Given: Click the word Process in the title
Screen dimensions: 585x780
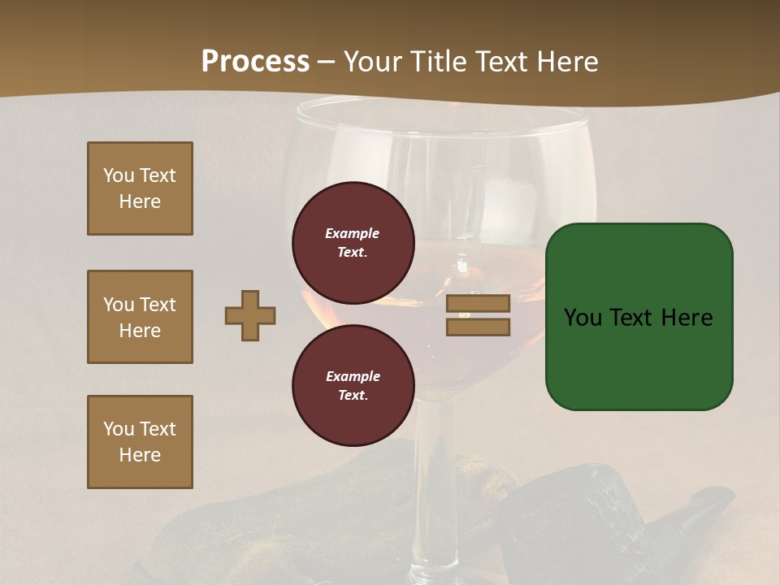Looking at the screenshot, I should tap(255, 62).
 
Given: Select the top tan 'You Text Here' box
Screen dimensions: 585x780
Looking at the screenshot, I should tap(140, 188).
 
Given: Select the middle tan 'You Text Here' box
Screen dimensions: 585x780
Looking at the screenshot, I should tap(140, 317).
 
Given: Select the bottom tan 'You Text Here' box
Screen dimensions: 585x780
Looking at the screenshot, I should tap(140, 442).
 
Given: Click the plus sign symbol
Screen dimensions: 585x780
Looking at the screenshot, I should tap(250, 315).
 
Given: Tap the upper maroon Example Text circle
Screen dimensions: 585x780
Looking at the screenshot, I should tap(353, 243).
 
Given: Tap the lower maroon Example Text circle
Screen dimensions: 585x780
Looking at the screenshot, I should tap(353, 385).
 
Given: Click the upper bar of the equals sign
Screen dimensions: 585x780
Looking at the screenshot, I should tap(478, 304).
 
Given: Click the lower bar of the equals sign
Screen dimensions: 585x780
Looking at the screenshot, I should tap(478, 327).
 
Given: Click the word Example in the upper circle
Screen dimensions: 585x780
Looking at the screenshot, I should tap(352, 233).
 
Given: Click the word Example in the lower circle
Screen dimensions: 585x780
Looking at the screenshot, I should tap(353, 376).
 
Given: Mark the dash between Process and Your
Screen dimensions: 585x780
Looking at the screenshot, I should tap(327, 62).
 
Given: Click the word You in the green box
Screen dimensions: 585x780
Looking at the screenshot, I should tap(583, 318).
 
